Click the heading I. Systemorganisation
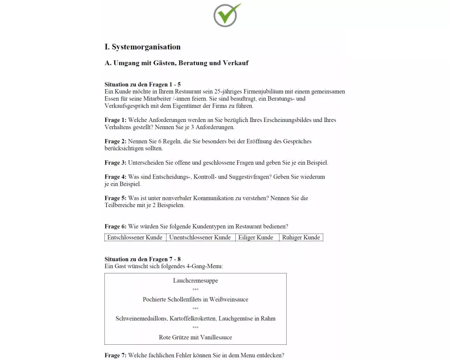click(x=142, y=47)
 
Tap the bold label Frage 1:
click(x=115, y=120)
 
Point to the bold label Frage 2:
click(x=115, y=141)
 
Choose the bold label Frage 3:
click(x=115, y=162)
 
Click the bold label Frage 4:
click(x=115, y=177)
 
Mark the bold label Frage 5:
click(x=115, y=198)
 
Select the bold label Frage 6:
click(x=115, y=226)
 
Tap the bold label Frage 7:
click(x=115, y=355)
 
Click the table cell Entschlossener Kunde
click(x=135, y=238)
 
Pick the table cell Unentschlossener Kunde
click(x=200, y=238)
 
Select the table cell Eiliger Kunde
click(x=256, y=238)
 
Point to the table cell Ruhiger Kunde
click(x=301, y=238)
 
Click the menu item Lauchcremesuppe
click(x=195, y=281)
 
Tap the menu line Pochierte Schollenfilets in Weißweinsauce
click(x=195, y=299)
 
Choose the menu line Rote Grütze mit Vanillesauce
click(x=195, y=337)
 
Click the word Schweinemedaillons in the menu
click(x=141, y=319)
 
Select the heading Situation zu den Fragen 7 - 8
click(x=143, y=259)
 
